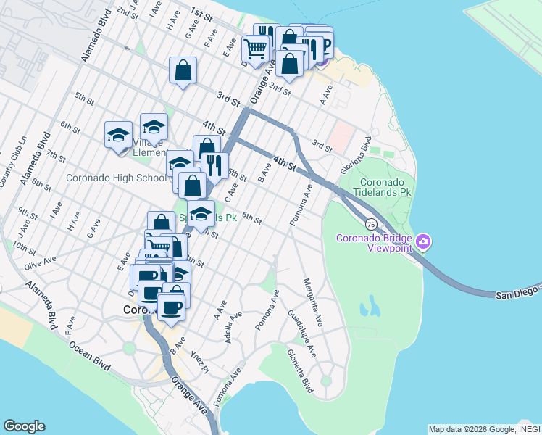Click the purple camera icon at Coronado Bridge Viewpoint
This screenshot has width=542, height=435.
coord(424,241)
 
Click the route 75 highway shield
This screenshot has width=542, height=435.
coord(370,223)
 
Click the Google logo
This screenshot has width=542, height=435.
coord(24,426)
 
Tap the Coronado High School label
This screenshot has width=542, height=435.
coord(116,178)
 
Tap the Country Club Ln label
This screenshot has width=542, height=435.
coord(11,163)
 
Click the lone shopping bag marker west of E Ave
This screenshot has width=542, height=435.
coord(183,70)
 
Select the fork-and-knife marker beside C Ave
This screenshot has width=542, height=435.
coord(214,165)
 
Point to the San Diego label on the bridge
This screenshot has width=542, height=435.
coord(517,291)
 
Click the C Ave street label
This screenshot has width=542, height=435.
coord(231,194)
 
